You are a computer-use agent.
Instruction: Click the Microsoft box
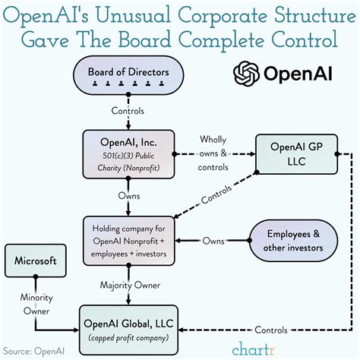click(x=35, y=261)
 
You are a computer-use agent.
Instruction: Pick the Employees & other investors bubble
click(x=292, y=240)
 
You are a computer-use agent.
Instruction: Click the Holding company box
click(x=128, y=240)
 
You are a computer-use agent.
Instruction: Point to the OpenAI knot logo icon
click(x=246, y=74)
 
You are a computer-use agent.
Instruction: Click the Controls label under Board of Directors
click(x=128, y=111)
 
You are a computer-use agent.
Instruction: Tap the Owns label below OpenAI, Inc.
click(x=128, y=196)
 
